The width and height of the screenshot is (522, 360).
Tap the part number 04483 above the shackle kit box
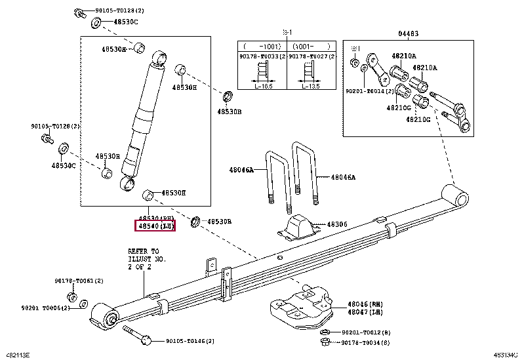tap(407, 34)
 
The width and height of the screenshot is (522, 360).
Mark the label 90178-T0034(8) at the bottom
tap(365, 342)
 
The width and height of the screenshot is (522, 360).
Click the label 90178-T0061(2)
tap(79, 281)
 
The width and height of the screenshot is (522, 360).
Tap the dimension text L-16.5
tap(264, 86)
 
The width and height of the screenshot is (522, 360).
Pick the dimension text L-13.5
tap(311, 86)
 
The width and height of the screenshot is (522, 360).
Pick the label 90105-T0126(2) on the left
tap(55, 126)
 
